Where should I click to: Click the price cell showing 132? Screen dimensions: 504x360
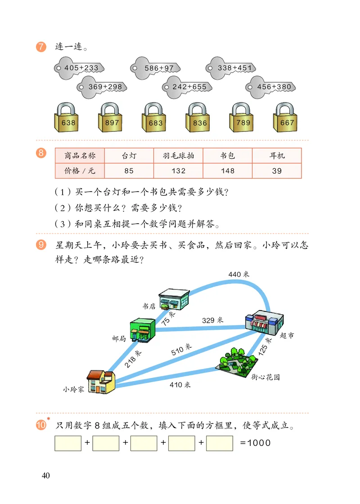tap(178, 171)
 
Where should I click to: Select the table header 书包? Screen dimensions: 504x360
tap(227, 156)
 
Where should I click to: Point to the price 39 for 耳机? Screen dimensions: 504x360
tap(277, 171)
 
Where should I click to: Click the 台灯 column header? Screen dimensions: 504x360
tap(129, 156)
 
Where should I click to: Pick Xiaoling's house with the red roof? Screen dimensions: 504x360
tap(101, 382)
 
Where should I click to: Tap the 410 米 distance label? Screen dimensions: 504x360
tap(180, 385)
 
